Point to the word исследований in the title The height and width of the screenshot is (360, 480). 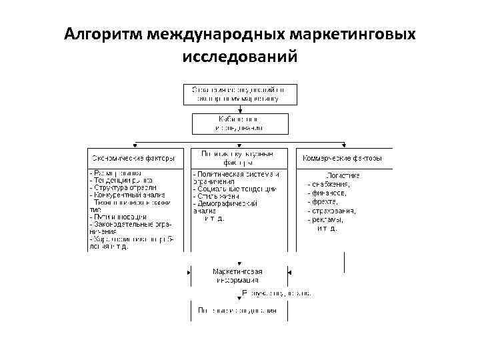pos(239,57)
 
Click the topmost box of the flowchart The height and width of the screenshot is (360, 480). pos(240,93)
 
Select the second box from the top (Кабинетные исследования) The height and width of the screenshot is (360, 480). pos(240,123)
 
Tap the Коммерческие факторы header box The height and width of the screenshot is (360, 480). pos(343,159)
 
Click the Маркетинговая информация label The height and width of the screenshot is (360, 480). pos(238,276)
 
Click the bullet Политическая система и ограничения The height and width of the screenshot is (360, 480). pos(237,177)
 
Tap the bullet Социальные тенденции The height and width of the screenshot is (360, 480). pos(234,189)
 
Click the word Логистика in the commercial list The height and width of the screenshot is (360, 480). pos(343,175)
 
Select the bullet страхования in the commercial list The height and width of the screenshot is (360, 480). pos(333,211)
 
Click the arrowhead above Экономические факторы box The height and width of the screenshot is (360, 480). pos(135,145)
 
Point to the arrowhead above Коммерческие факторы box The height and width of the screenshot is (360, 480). pos(344,145)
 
